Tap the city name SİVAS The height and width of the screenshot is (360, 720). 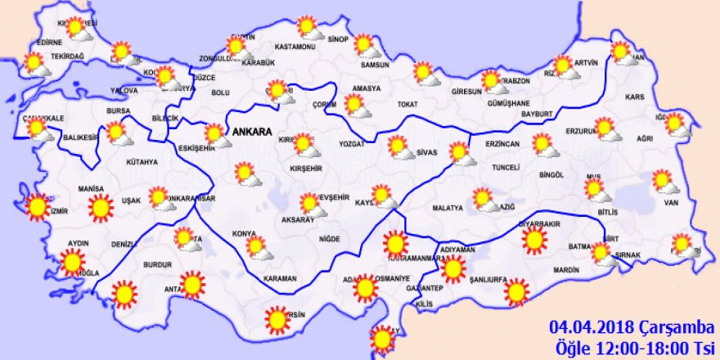(427, 151)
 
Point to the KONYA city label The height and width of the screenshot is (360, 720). (245, 234)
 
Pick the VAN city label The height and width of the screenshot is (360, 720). (672, 202)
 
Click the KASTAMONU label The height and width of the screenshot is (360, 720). (295, 47)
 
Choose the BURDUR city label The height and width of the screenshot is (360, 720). (157, 265)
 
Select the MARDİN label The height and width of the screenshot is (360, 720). (566, 268)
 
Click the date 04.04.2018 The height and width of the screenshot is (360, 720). (584, 326)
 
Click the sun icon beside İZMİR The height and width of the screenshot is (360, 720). (37, 207)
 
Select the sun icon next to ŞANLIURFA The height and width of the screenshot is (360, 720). (516, 291)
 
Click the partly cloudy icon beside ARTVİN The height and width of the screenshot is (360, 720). (564, 66)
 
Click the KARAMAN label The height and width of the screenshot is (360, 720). (280, 278)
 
